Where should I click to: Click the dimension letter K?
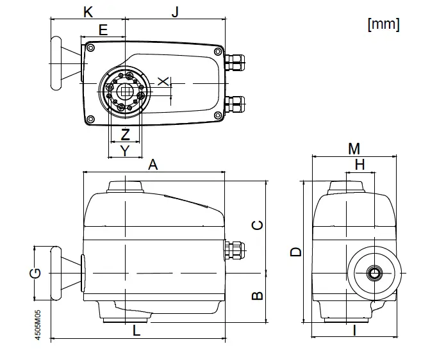point(88,12)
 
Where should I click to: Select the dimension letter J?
point(175,12)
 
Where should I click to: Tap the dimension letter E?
point(103,29)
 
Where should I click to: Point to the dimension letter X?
point(163,81)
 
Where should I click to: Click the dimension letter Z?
point(126,135)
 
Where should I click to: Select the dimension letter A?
point(153,165)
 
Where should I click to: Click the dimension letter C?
point(256,225)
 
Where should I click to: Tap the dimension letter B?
point(256,296)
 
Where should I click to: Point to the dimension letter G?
point(37,274)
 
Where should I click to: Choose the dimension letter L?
point(136,331)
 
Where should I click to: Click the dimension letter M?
point(354,149)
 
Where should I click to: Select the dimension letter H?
point(359,165)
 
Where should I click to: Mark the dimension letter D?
point(295,252)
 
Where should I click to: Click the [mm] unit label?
point(383,24)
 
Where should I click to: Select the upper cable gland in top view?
point(235,61)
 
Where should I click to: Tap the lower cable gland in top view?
point(235,102)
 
